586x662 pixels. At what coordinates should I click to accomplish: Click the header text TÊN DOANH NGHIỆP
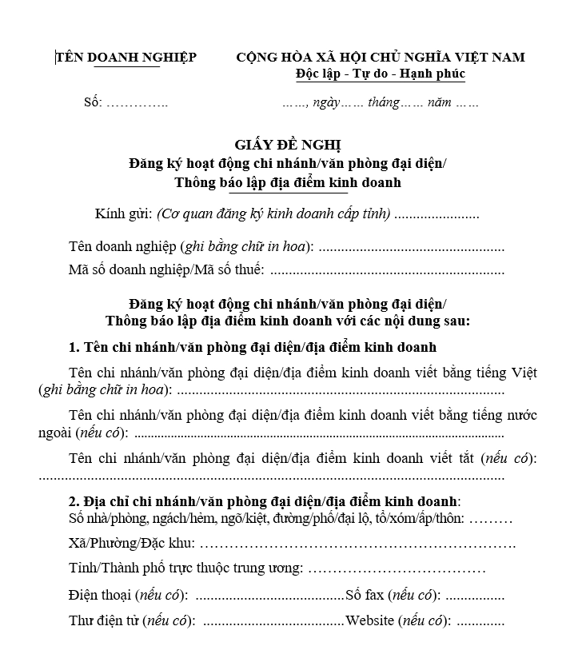(126, 58)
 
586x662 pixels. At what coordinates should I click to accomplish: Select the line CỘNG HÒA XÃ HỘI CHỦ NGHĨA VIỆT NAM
(381, 58)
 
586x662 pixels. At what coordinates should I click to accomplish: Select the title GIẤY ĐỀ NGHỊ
(288, 145)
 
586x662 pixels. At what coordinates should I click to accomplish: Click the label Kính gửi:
(123, 214)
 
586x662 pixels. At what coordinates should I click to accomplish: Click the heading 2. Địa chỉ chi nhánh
(264, 501)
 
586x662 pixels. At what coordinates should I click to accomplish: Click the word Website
(370, 621)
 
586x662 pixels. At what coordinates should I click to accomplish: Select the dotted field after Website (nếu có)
(480, 621)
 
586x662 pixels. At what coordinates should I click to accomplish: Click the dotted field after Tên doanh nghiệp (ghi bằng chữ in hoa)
(411, 247)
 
